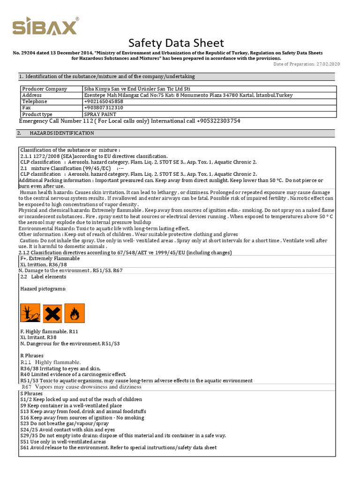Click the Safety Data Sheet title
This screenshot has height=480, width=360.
click(x=176, y=43)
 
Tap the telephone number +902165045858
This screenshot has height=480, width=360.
click(x=104, y=101)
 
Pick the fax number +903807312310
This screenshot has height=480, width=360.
click(x=104, y=108)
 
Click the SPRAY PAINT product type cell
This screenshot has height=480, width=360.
click(x=100, y=114)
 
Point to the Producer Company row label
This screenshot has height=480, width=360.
click(x=45, y=89)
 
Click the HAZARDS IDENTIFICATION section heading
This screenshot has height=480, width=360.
click(x=62, y=133)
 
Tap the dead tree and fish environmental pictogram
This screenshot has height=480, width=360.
click(x=30, y=313)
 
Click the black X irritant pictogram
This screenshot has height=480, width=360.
click(x=52, y=313)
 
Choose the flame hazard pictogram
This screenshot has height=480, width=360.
click(x=75, y=313)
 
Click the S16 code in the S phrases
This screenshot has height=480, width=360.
click(x=25, y=417)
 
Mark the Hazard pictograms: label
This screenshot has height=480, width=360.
click(x=43, y=289)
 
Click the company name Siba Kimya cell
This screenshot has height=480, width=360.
click(x=137, y=89)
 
